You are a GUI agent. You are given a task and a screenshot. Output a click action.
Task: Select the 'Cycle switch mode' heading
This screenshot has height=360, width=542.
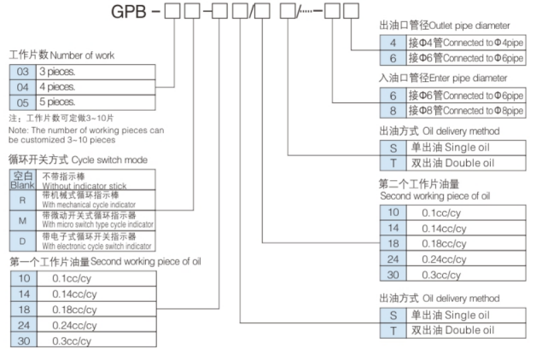point(111,159)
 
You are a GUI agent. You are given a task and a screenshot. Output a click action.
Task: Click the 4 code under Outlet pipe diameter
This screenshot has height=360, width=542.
point(392,43)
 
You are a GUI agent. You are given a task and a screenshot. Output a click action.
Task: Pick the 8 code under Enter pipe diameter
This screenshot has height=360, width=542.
point(392,111)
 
